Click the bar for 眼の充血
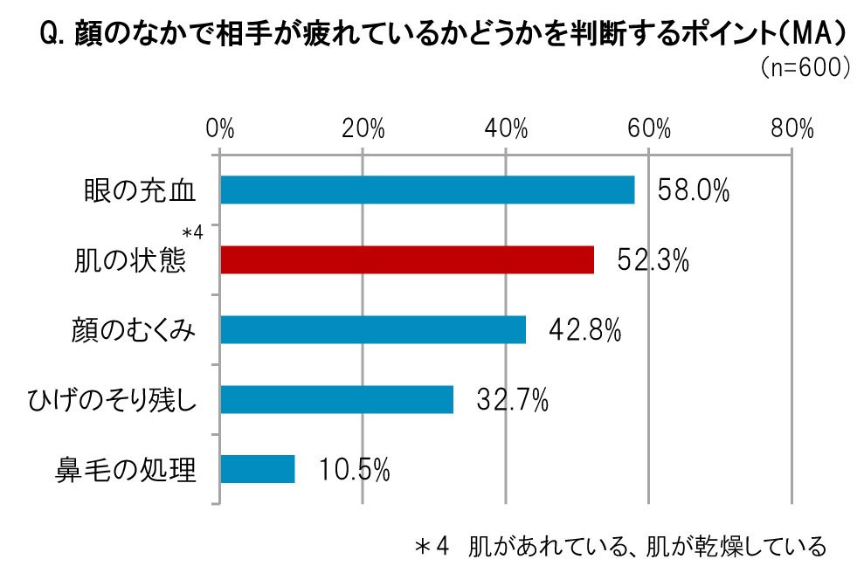[x=427, y=190]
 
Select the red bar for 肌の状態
[x=407, y=260]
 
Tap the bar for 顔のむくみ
[x=373, y=329]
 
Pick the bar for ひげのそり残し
[x=337, y=399]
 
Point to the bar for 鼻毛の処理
[x=258, y=469]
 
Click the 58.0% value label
[x=694, y=190]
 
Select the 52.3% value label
[x=653, y=260]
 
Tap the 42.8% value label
[x=584, y=330]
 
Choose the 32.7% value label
[x=513, y=400]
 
